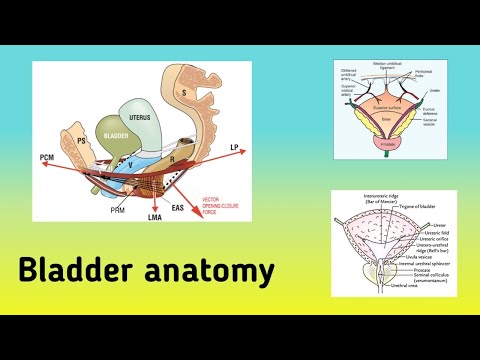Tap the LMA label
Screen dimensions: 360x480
tap(156, 218)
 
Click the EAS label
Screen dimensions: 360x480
tap(206, 207)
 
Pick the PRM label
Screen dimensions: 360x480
tap(117, 210)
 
